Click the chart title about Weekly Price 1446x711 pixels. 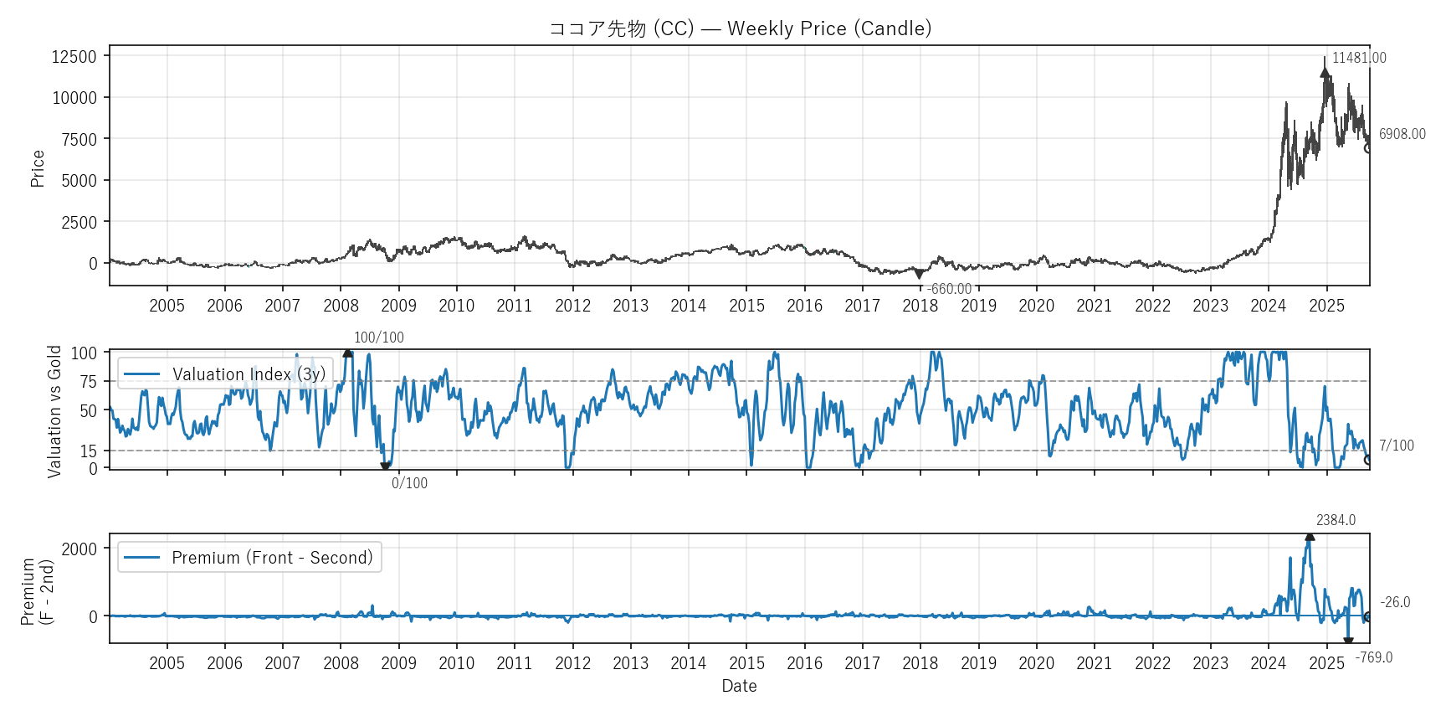click(740, 28)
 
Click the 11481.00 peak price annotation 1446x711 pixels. click(1359, 58)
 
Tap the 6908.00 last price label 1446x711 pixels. click(1402, 134)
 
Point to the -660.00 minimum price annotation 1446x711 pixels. click(949, 289)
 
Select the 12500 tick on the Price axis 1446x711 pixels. click(74, 56)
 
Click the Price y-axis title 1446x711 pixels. click(38, 168)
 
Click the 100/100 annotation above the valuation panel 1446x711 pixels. click(378, 337)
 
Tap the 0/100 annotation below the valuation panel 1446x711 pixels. click(409, 483)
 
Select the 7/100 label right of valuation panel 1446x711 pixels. click(1396, 446)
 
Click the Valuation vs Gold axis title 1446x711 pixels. click(55, 411)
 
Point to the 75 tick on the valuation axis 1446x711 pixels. click(89, 382)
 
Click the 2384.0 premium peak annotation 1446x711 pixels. click(1336, 520)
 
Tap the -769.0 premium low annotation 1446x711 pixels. click(1373, 657)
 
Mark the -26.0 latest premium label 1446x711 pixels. click(1395, 602)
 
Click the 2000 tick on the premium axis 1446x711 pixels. click(79, 549)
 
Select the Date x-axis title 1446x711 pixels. click(739, 686)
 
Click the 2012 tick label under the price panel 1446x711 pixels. click(572, 306)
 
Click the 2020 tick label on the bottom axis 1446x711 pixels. click(1036, 663)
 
